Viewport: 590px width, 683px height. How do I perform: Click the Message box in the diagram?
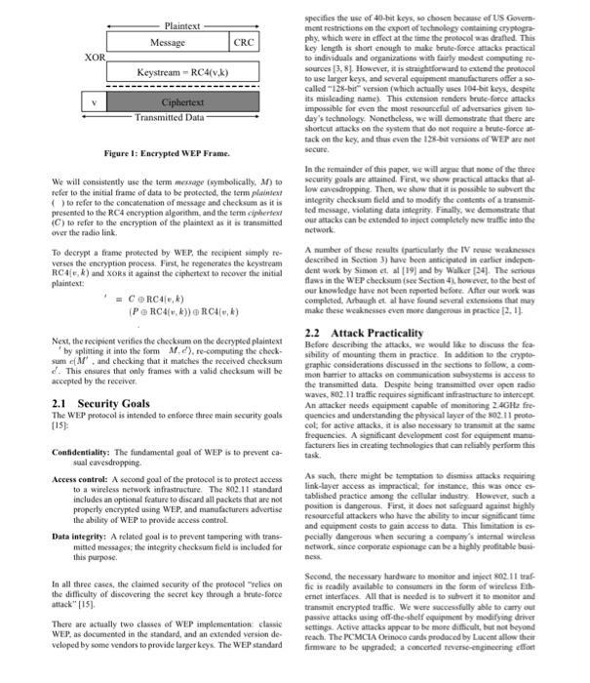coord(167,43)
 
